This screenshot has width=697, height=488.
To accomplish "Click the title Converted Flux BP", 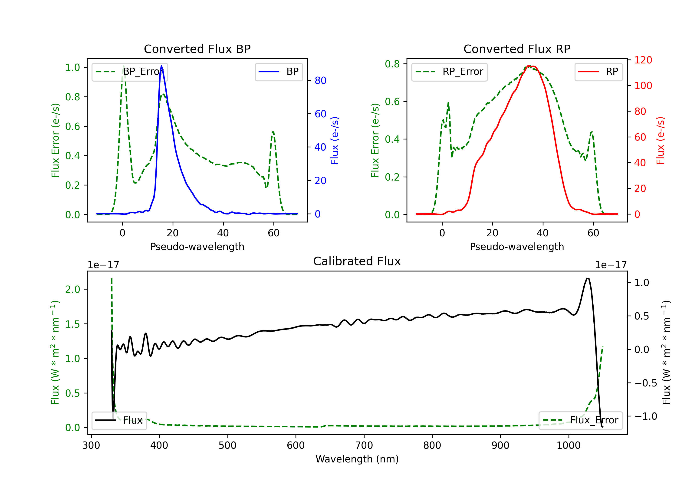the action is point(197,49).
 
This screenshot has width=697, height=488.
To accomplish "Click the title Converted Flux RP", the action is point(517,49).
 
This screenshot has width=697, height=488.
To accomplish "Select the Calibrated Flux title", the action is point(357,261).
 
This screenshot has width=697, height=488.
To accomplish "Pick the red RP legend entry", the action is point(598,72).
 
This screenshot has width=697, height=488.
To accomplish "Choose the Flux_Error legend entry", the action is point(580,420).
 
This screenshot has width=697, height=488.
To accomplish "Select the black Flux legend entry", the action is point(119,420).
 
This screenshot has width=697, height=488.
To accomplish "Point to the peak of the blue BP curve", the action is point(161,66).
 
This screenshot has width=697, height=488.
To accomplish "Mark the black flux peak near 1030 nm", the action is point(587,278).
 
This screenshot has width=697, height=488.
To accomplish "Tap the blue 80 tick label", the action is point(320,80).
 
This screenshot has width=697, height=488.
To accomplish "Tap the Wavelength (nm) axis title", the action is point(357,459).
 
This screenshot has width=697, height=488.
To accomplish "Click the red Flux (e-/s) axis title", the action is point(661,140).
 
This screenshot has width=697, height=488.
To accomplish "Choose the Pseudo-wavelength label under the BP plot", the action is point(197,247).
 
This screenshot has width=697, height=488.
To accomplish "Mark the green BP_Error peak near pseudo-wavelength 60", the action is point(273,132).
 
